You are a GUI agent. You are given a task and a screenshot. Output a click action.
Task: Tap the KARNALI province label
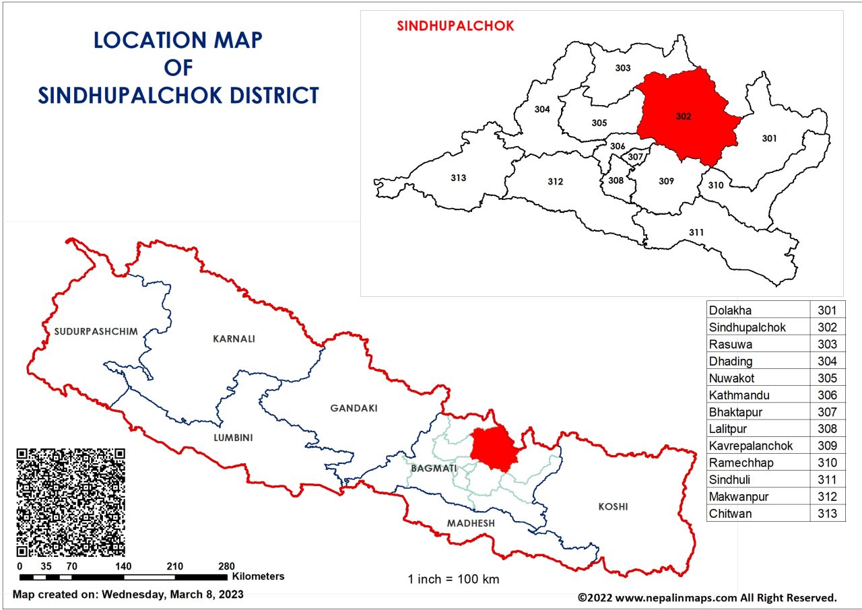coord(234,339)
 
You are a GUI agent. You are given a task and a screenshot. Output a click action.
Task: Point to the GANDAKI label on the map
coord(354,408)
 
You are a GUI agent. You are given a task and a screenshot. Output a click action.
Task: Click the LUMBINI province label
coord(232,438)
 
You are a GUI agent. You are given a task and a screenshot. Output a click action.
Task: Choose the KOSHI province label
coord(613,506)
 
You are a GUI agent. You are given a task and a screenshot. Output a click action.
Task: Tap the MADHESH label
coord(471,523)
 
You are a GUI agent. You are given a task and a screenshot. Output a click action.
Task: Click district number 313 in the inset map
coord(458,178)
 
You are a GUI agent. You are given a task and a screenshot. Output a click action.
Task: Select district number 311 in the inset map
coord(696,232)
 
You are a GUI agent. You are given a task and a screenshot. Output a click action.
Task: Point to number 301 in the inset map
coord(769,138)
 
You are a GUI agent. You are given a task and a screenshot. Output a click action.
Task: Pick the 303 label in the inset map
coord(623,68)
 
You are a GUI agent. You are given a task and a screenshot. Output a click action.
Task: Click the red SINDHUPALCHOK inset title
coord(455,26)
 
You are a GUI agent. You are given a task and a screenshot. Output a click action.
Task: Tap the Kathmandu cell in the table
coord(758,395)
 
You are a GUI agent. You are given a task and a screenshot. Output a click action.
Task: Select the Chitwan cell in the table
coord(758,514)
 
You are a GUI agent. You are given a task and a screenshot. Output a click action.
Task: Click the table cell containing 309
coord(827,446)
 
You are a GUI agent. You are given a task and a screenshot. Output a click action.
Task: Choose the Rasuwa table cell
coord(758,345)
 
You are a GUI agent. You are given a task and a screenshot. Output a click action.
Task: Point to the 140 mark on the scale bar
coord(123,566)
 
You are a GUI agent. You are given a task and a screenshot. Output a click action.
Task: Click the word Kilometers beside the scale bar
coord(259,576)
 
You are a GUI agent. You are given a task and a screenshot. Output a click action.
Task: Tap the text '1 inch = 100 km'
coord(453,579)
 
